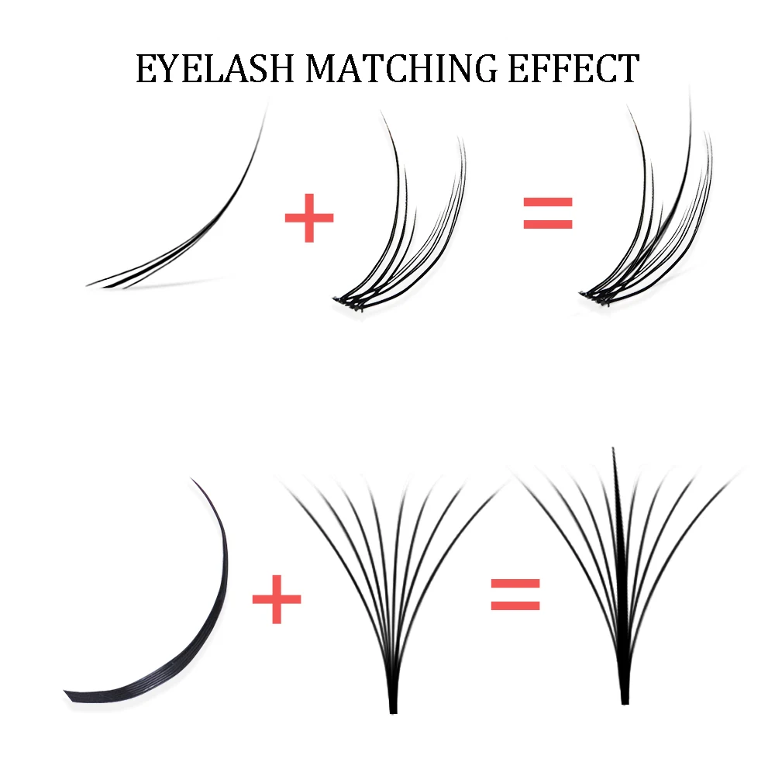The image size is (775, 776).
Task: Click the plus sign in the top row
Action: click(x=309, y=216)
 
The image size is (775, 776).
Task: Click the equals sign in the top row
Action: click(x=548, y=213)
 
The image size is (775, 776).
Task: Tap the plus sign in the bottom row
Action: click(x=277, y=598)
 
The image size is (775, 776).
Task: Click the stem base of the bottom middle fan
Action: click(x=393, y=702)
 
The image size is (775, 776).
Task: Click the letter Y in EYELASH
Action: click(x=171, y=68)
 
